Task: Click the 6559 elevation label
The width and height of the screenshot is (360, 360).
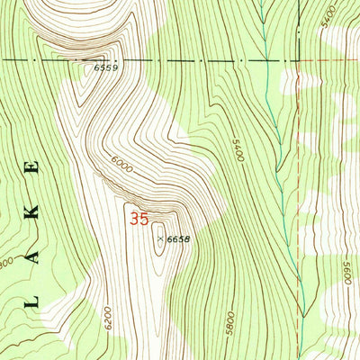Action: coord(105,67)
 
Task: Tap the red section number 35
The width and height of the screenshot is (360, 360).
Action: coord(139,218)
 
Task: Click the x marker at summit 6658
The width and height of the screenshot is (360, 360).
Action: coord(161,238)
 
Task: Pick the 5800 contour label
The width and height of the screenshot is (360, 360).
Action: coord(230,319)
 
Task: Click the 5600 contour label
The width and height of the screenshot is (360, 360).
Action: coord(343,271)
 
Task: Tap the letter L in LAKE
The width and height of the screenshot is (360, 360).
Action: coord(33,308)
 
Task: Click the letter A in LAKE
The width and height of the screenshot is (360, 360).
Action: coord(33,260)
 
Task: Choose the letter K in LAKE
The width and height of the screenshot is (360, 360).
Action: coord(33,213)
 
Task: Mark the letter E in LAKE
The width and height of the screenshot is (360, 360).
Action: coord(33,167)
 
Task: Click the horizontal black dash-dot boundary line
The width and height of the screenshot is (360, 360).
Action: coord(180,60)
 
